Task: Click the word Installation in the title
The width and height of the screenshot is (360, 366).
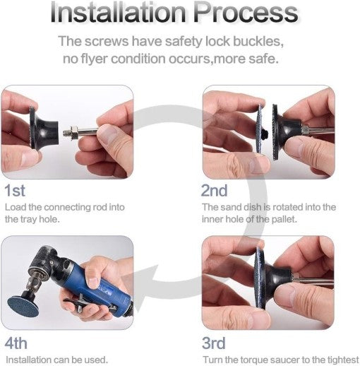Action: tap(119, 12)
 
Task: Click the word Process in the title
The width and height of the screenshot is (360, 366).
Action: tap(246, 13)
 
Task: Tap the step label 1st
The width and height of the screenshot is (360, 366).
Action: tap(15, 190)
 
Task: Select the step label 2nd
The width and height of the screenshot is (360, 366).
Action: tap(215, 190)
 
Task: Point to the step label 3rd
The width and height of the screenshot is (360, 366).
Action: tap(214, 343)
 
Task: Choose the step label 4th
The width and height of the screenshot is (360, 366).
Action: tap(16, 343)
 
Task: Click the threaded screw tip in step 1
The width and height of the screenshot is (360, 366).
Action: tap(67, 132)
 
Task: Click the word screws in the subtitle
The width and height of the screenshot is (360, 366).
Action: tap(107, 42)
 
